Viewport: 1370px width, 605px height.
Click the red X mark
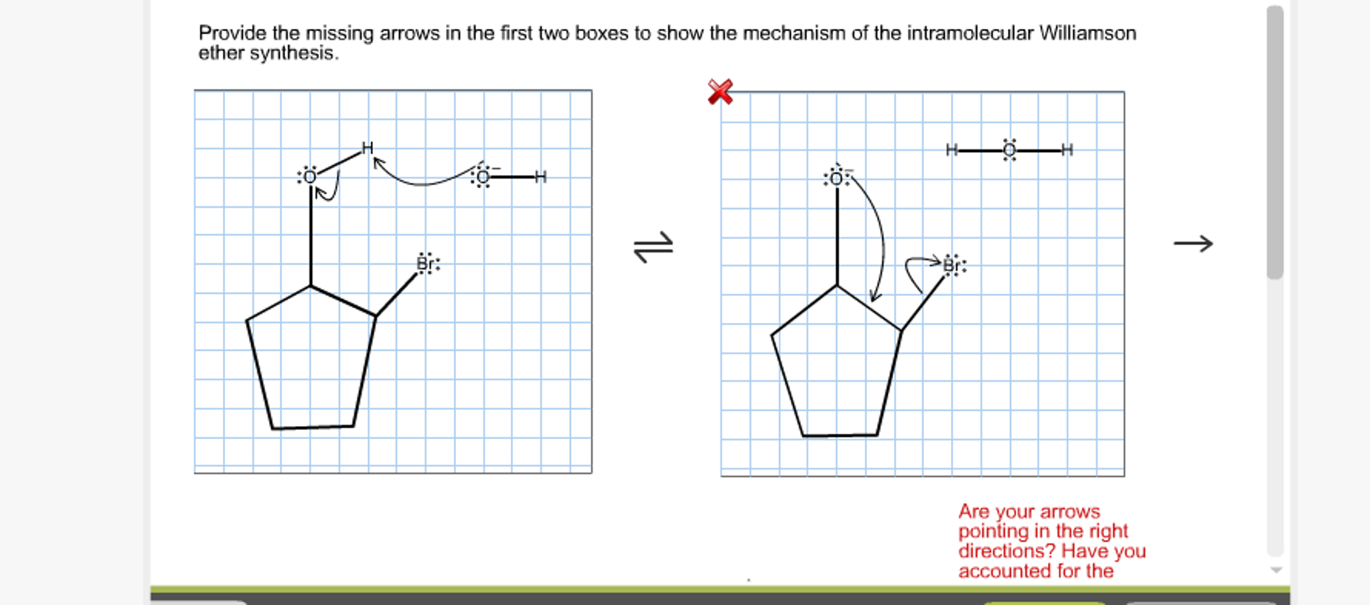[x=720, y=92]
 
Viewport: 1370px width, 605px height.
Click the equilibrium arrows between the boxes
[x=654, y=247]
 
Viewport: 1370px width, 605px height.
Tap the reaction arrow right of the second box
[x=1193, y=243]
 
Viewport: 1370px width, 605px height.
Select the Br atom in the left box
[x=427, y=263]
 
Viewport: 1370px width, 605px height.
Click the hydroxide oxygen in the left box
[x=482, y=178]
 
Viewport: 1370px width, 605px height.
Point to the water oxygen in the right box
[x=1009, y=151]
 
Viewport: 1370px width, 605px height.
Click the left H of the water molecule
[x=952, y=150]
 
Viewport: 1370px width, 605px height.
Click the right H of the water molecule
[x=1067, y=150]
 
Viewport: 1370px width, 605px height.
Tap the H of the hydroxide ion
[x=540, y=178]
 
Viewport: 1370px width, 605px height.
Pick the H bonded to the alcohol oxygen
[x=367, y=148]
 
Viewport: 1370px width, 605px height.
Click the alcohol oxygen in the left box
[x=309, y=177]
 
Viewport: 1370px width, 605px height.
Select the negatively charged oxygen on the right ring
[x=836, y=178]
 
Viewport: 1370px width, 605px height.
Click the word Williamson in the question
[x=1087, y=33]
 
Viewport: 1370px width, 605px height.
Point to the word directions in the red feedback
[x=1006, y=551]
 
